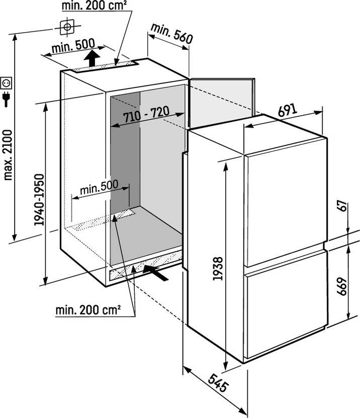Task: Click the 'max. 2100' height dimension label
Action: (8, 155)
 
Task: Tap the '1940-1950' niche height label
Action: (39, 200)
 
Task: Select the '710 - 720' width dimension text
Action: (146, 115)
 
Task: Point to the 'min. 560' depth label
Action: (171, 34)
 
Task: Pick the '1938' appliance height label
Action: (218, 269)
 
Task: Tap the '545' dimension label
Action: (218, 383)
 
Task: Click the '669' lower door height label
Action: (341, 287)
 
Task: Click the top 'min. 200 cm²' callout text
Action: (94, 6)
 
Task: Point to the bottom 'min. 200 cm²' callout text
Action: (88, 310)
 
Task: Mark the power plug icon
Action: (6, 99)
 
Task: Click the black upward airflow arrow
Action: (92, 58)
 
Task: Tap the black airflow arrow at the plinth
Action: (156, 272)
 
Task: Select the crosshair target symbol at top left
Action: (67, 27)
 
